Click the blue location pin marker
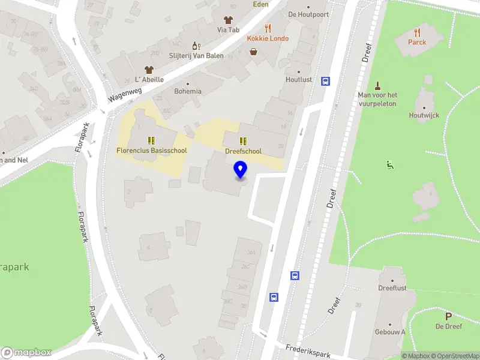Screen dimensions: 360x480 click(x=241, y=170)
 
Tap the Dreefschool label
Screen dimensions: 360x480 click(x=243, y=151)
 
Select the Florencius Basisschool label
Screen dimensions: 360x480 click(x=151, y=151)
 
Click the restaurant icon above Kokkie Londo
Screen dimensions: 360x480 click(x=268, y=28)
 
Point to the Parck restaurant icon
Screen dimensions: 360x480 click(x=417, y=32)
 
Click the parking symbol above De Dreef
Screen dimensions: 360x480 click(x=448, y=316)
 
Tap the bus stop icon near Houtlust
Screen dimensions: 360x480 click(x=325, y=81)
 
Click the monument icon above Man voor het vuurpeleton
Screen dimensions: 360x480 click(x=377, y=85)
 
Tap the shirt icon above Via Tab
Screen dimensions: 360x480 click(x=228, y=19)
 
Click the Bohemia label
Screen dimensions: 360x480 click(x=187, y=91)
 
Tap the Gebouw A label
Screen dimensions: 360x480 click(x=390, y=332)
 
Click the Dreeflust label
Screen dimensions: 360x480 click(x=392, y=288)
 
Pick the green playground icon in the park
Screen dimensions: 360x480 click(x=391, y=165)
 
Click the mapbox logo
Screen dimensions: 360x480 click(x=26, y=353)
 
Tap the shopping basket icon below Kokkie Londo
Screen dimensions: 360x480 click(x=254, y=52)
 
